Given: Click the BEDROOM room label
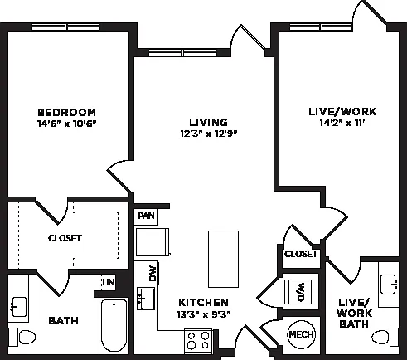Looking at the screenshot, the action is (66, 113).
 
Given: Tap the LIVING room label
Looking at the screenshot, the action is (209, 122).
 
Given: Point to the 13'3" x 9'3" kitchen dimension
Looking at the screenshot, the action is (204, 314).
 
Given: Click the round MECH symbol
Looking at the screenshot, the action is (302, 334).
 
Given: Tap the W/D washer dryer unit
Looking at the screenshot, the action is (299, 292).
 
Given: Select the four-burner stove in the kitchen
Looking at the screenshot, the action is (198, 341).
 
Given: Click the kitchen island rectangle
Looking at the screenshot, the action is (223, 259).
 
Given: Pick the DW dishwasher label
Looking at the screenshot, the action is (153, 274).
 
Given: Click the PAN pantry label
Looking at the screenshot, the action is (146, 216).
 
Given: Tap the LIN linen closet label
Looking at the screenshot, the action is (109, 282).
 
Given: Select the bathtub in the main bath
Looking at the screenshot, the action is (114, 325).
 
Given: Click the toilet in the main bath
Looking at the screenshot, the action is (22, 337).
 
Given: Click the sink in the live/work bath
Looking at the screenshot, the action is (389, 285).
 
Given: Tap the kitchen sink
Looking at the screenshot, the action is (146, 299).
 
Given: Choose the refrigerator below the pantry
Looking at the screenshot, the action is (153, 242).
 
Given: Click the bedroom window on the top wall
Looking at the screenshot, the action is (66, 27).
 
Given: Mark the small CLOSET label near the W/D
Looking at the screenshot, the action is (301, 254).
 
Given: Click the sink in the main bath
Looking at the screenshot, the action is (19, 307).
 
